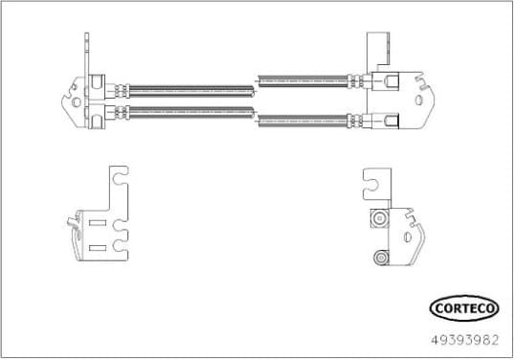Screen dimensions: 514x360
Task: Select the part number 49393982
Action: (x=465, y=337)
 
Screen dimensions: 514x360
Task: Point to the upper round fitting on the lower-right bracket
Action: (x=381, y=219)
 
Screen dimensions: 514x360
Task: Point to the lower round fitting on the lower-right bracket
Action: (x=380, y=257)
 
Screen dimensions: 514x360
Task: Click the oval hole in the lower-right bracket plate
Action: (x=412, y=236)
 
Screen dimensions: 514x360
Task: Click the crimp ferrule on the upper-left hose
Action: (x=121, y=91)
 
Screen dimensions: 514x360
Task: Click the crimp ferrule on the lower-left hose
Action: (x=121, y=116)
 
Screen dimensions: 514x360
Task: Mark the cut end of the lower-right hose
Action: (x=258, y=122)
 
